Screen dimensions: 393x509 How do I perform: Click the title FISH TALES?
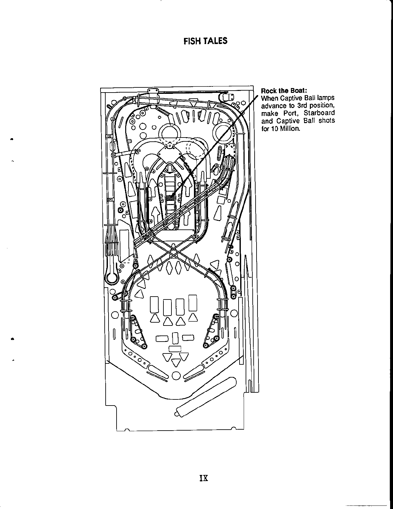pyautogui.click(x=205, y=41)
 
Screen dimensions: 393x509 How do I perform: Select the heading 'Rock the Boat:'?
pyautogui.click(x=280, y=91)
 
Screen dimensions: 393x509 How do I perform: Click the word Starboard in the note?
pyautogui.click(x=319, y=113)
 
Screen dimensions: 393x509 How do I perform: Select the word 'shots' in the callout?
pyautogui.click(x=327, y=121)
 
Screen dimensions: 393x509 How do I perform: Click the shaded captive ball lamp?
pyautogui.click(x=170, y=198)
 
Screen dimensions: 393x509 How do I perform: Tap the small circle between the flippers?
pyautogui.click(x=176, y=375)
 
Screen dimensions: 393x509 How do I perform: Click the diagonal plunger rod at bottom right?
pyautogui.click(x=205, y=397)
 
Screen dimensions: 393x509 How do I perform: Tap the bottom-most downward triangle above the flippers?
pyautogui.click(x=176, y=362)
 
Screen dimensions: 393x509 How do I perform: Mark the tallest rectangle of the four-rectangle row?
pyautogui.click(x=193, y=303)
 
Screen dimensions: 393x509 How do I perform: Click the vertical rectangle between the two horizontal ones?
pyautogui.click(x=175, y=338)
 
